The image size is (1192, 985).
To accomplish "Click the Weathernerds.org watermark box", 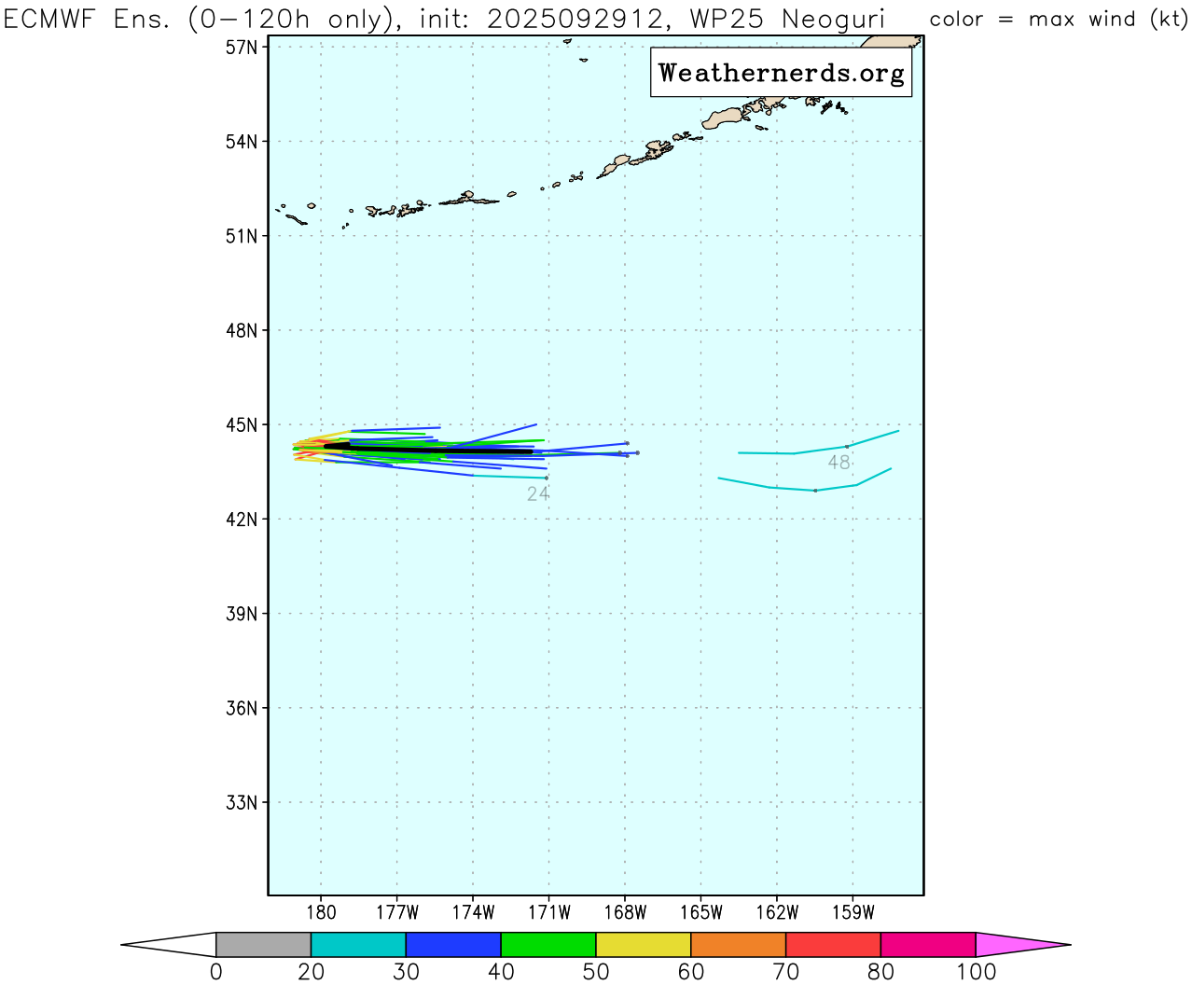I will click(x=781, y=73).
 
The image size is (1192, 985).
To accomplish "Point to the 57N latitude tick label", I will click(x=242, y=47).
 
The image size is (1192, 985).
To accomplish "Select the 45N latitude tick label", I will click(x=242, y=425).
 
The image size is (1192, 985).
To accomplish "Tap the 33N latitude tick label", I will click(x=242, y=803).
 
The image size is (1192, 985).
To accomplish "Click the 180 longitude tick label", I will click(x=321, y=912).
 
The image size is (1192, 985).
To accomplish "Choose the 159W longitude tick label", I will click(x=852, y=912).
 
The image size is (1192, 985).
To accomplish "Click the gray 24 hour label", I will click(x=538, y=494).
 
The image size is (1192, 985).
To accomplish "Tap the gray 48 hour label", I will click(x=839, y=463).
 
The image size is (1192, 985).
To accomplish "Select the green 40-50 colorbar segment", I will click(x=548, y=944).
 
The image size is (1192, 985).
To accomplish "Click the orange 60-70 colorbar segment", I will click(x=738, y=944).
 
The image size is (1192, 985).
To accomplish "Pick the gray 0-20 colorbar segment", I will click(x=263, y=944).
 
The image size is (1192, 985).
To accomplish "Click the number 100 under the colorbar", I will click(x=976, y=972).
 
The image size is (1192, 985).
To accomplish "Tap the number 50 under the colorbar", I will click(x=596, y=972).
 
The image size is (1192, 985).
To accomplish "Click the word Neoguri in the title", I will click(x=833, y=19).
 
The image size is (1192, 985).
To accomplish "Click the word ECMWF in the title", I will click(x=52, y=19).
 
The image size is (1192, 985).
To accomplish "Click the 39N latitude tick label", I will click(x=242, y=614).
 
